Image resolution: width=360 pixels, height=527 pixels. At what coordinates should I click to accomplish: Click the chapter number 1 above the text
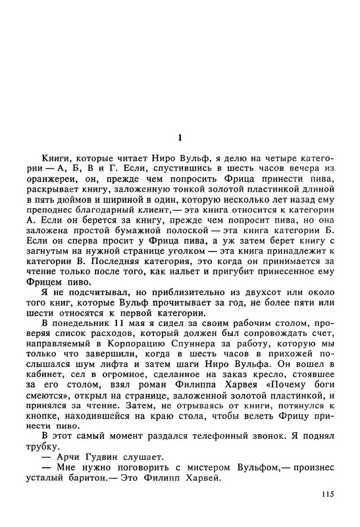[180, 138]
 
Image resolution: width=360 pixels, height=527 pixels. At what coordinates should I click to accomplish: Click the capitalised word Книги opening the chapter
[56, 159]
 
